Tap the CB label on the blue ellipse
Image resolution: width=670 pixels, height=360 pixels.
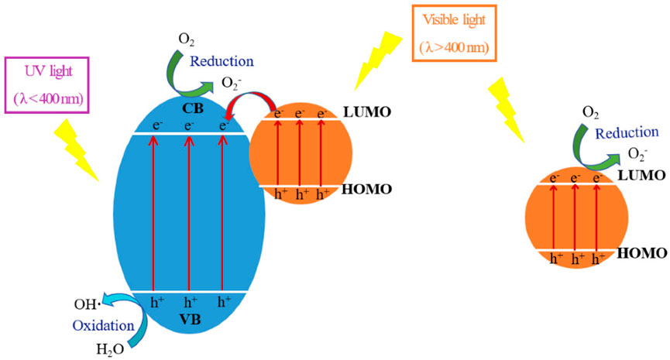[194, 108]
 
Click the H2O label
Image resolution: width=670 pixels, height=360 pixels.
[108, 348]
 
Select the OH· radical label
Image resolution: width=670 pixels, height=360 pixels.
[87, 306]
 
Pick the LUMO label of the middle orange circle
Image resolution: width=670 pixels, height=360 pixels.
[369, 112]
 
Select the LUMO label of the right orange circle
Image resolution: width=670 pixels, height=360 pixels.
[641, 176]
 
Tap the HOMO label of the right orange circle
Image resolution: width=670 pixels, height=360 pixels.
[642, 253]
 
